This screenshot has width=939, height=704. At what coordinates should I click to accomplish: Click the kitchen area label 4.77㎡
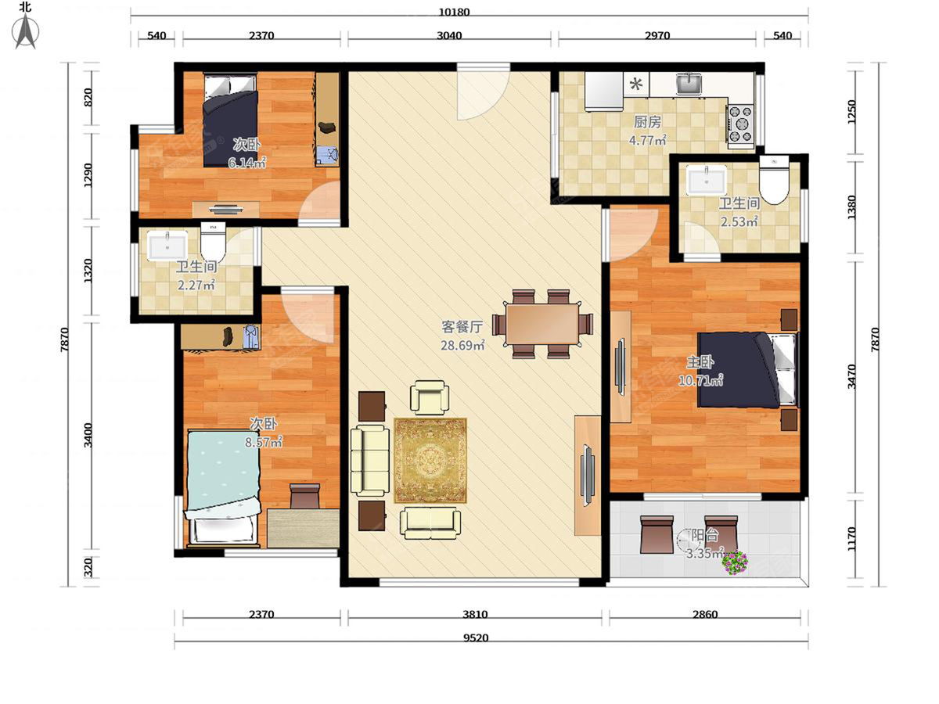(x=648, y=142)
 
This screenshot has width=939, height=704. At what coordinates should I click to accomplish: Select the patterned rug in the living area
(x=430, y=461)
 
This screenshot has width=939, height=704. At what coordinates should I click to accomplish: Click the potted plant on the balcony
(x=735, y=562)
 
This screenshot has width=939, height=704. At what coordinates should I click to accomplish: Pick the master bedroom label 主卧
(x=700, y=362)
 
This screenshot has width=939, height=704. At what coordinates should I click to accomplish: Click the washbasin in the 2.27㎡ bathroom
(x=167, y=246)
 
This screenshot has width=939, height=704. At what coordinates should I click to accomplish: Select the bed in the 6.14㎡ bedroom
(x=230, y=119)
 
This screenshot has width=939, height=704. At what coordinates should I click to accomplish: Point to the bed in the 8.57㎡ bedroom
(x=222, y=486)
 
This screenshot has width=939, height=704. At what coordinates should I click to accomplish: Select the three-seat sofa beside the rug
(x=370, y=461)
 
